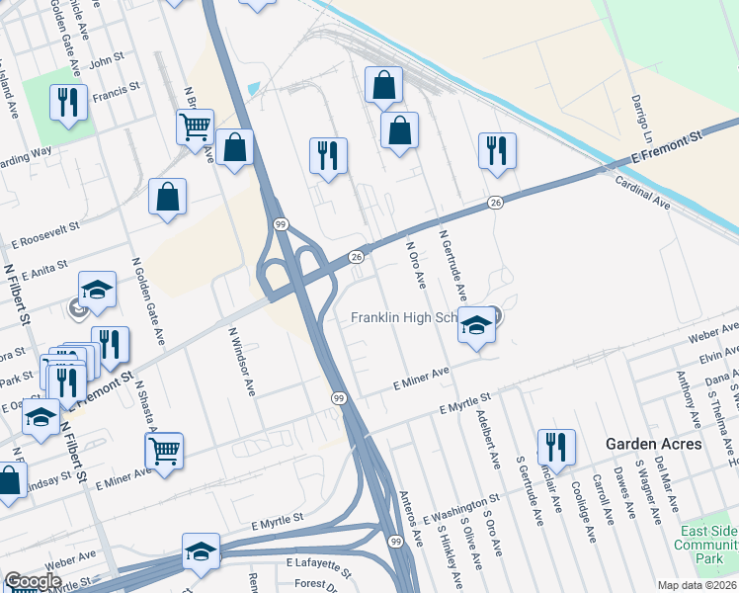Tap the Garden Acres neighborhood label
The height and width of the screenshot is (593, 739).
654,444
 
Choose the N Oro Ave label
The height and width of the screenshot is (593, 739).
415,267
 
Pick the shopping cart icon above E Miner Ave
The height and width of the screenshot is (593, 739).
164,451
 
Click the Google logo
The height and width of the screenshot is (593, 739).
32,581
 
